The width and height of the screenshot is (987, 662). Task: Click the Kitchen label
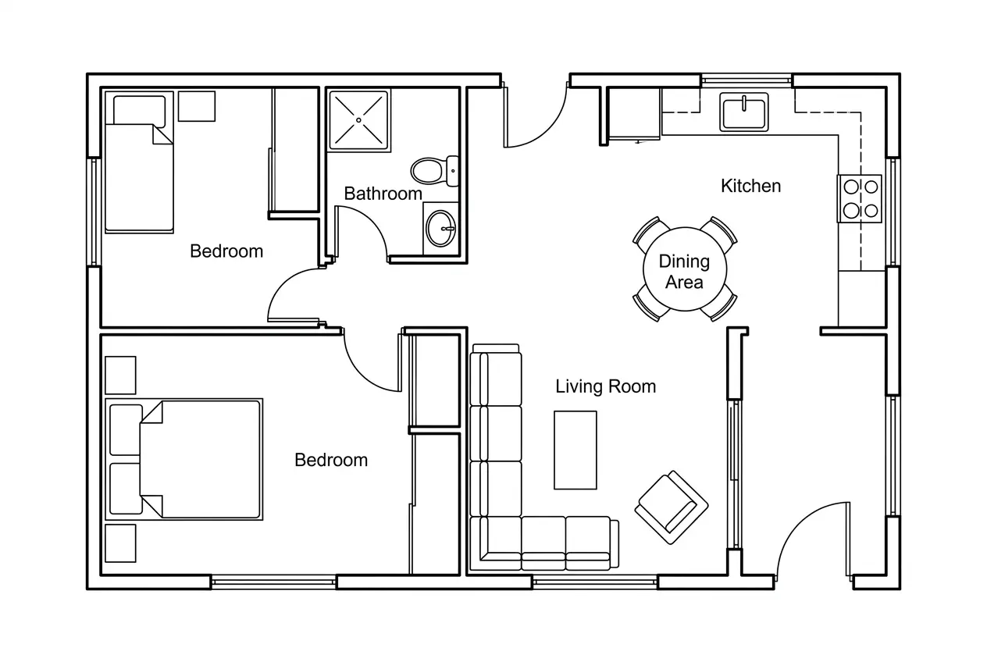click(x=751, y=186)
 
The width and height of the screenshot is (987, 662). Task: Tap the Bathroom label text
click(x=383, y=194)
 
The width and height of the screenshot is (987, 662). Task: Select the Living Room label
click(x=605, y=386)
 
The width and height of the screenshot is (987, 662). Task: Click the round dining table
click(x=685, y=269)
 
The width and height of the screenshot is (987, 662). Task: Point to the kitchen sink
click(x=744, y=112)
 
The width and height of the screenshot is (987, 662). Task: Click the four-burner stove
click(x=860, y=198)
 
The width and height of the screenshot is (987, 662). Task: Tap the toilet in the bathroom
click(x=435, y=171)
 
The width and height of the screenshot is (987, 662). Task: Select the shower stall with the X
click(x=358, y=120)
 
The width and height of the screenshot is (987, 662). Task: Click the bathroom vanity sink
click(x=440, y=229)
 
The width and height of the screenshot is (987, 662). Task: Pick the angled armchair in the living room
click(x=671, y=507)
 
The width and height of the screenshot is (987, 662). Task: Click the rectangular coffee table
click(x=575, y=450)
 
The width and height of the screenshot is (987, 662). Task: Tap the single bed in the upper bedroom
click(x=139, y=162)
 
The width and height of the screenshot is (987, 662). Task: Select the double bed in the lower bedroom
click(x=184, y=459)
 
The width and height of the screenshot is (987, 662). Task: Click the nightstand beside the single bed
click(x=197, y=106)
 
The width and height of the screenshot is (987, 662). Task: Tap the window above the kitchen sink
click(x=746, y=80)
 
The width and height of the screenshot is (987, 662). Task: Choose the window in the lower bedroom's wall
click(x=273, y=582)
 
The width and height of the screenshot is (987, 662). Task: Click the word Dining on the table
click(x=684, y=262)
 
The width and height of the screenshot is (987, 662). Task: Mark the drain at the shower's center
click(x=358, y=120)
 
